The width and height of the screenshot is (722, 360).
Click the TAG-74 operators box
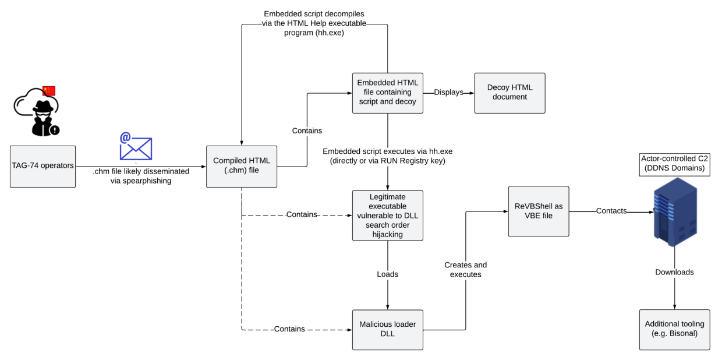43,166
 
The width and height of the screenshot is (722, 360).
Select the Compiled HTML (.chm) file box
241,166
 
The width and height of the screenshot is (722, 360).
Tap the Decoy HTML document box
509,93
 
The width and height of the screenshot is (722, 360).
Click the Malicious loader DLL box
387,329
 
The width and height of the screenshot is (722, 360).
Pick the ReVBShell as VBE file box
538,211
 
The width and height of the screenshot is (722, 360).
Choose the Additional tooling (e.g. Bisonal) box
674,329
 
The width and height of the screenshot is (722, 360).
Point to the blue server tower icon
675,213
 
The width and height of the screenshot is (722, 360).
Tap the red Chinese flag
49,91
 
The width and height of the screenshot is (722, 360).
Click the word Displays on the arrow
448,93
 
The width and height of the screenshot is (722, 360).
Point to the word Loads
387,274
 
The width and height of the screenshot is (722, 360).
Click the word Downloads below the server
674,272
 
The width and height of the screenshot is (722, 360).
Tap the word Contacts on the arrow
611,211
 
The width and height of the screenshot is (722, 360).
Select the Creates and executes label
465,269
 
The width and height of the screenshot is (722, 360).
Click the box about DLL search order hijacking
387,215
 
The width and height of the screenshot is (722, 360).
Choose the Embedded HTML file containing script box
387,93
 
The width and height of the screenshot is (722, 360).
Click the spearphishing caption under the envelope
140,176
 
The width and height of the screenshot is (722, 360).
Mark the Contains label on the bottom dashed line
289,329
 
